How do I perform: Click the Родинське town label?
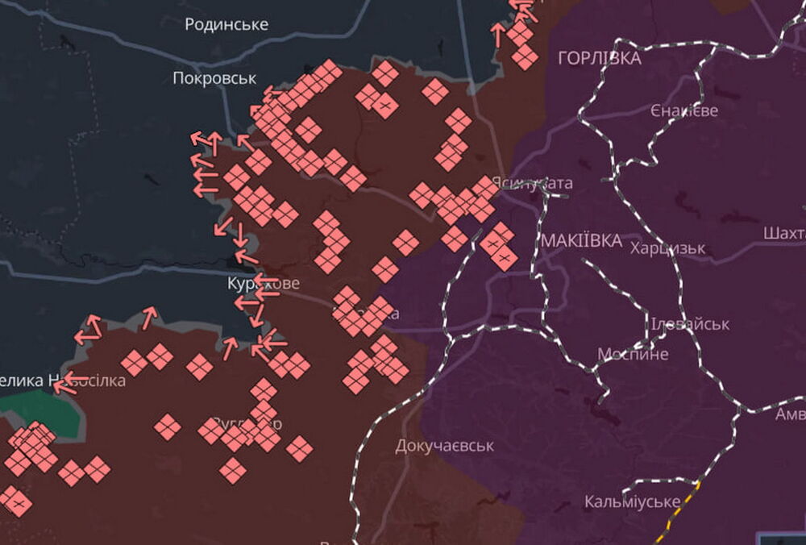pos(226,24)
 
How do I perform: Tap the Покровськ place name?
pos(214,78)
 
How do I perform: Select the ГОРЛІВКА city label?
pos(600,58)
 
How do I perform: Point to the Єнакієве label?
pos(684,110)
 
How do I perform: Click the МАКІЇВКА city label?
pos(582,241)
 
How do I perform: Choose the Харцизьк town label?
pos(668,248)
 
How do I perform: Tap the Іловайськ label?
pos(690,324)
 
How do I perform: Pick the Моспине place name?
pos(633,354)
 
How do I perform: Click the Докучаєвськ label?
pos(444,445)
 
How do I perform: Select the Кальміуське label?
pos(632,501)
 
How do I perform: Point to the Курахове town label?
pos(263,284)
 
